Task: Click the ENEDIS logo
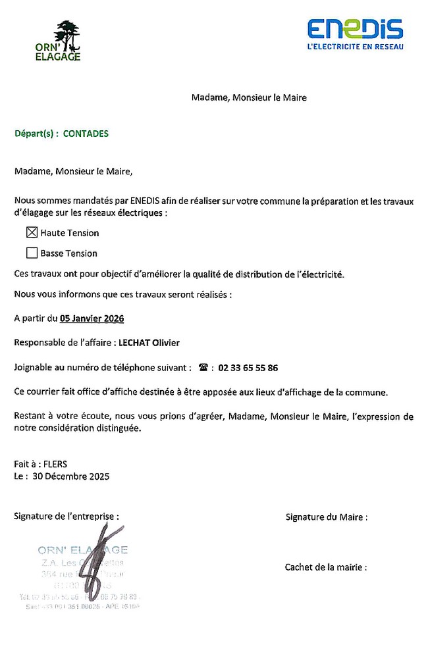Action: (x=355, y=29)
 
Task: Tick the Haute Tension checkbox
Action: (x=32, y=232)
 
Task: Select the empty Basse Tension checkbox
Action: (x=32, y=253)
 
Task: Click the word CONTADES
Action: (x=86, y=133)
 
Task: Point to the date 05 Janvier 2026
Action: (x=92, y=318)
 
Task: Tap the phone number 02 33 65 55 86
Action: (x=247, y=368)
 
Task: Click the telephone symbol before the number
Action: (x=203, y=368)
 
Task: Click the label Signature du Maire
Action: (x=326, y=517)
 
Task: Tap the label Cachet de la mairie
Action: (x=325, y=567)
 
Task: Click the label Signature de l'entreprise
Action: (x=67, y=517)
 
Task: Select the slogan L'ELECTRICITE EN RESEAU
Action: (x=356, y=46)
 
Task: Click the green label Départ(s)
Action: (x=36, y=133)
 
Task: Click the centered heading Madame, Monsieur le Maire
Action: (x=249, y=98)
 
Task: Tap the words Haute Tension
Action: (x=70, y=233)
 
